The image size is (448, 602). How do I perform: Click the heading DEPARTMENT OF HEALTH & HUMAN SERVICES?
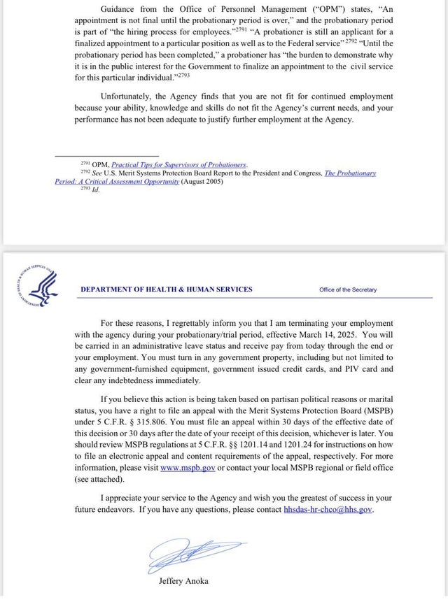(x=167, y=289)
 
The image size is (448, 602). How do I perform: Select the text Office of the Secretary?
(x=348, y=289)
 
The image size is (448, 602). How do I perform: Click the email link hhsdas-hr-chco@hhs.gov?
(x=328, y=510)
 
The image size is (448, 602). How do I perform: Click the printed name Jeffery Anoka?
(x=183, y=581)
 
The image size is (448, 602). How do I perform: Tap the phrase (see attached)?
(x=102, y=480)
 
